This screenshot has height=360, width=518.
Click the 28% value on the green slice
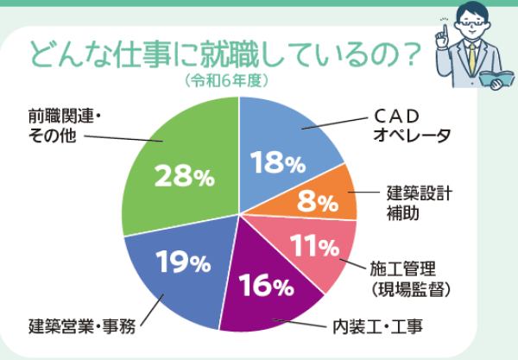coord(183,177)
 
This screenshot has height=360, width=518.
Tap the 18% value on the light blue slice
coord(277,161)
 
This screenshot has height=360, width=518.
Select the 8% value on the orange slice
coord(317,204)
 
